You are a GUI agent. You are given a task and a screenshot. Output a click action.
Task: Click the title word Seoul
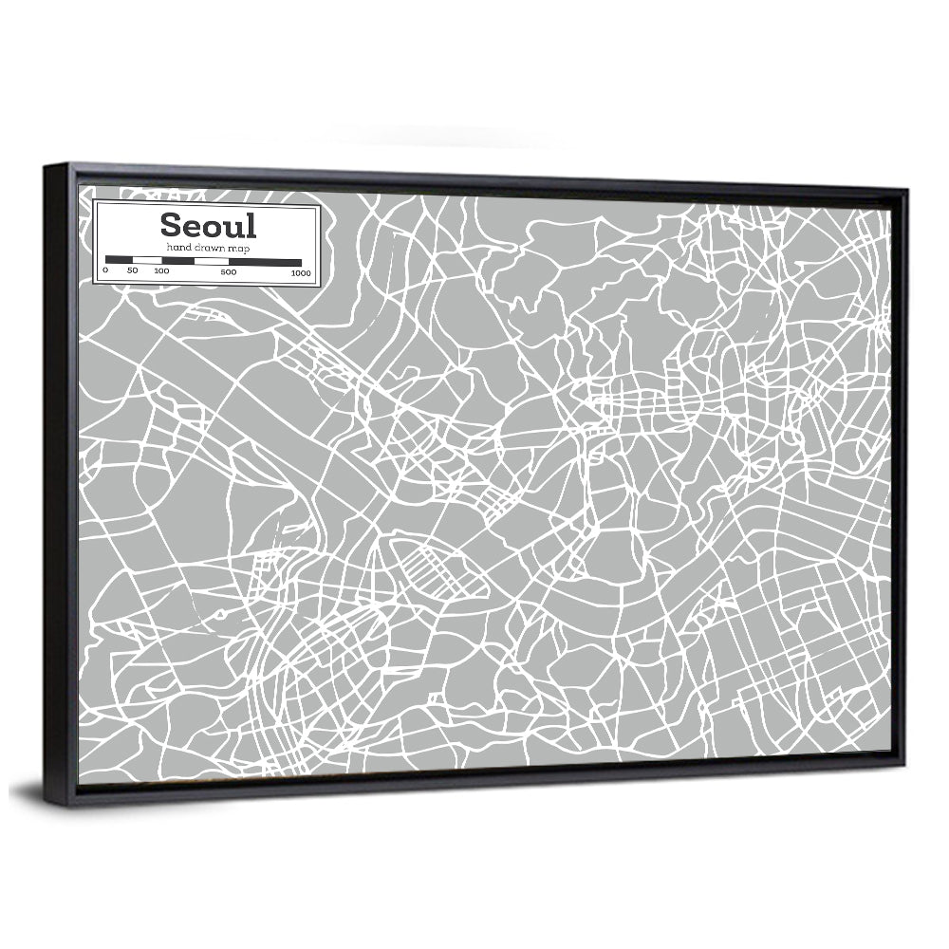point(208,226)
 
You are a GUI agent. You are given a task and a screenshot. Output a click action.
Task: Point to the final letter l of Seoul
point(251,225)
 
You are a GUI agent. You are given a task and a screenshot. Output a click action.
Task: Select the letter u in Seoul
point(234,228)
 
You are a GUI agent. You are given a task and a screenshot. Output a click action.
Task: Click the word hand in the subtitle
point(177,247)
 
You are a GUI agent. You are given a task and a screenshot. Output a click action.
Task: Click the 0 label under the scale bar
point(105,271)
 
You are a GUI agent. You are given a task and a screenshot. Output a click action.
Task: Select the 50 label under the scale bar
point(132,271)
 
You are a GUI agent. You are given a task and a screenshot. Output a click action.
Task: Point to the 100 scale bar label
point(161,271)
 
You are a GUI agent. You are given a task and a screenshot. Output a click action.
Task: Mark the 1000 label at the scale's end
point(301,273)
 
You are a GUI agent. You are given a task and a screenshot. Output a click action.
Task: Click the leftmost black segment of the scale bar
point(119,259)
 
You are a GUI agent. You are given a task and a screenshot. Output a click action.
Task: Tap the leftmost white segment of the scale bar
point(147,259)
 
